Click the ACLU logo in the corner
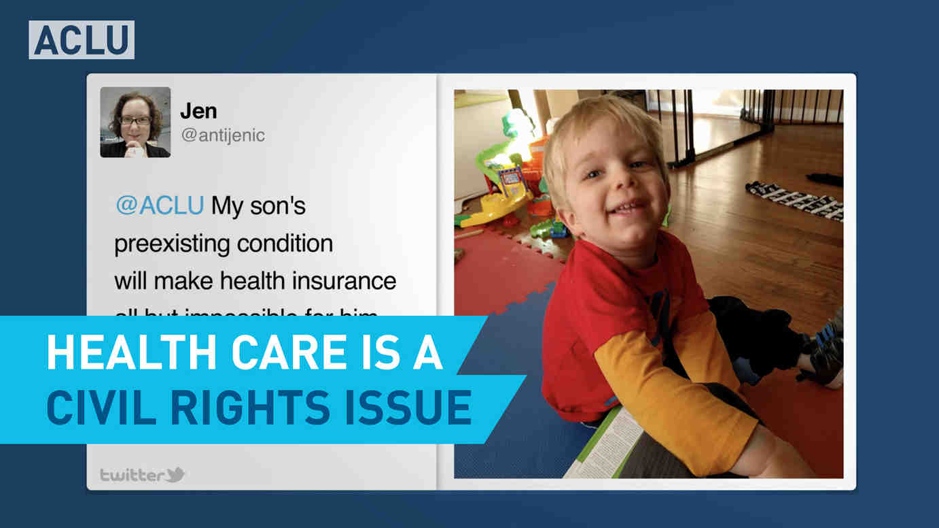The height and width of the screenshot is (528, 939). click(81, 40)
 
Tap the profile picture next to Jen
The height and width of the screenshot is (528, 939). click(135, 122)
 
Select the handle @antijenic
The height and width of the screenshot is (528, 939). click(223, 135)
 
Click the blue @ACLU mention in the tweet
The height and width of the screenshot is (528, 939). click(160, 206)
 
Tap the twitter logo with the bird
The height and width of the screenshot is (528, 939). click(143, 474)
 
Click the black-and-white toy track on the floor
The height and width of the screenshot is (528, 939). click(795, 200)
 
